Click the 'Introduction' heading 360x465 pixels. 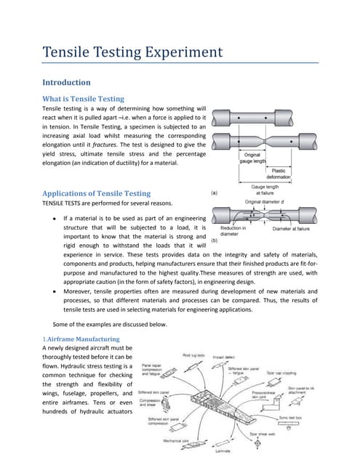(x=67, y=82)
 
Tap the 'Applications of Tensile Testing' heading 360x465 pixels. (x=97, y=193)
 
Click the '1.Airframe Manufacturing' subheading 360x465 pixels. (x=77, y=339)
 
